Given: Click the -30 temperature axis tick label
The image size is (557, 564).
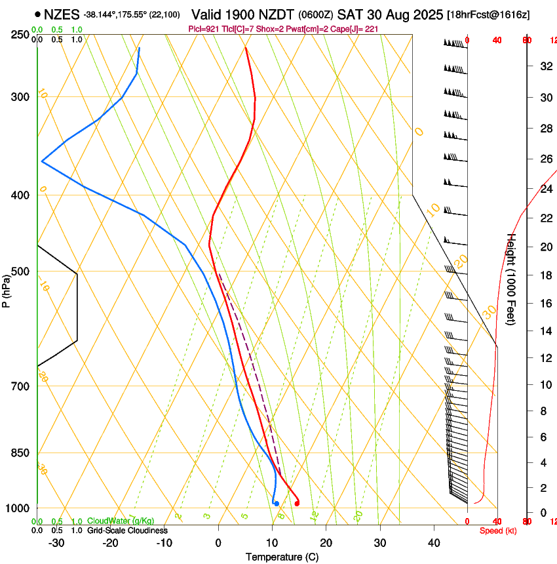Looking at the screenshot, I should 56,543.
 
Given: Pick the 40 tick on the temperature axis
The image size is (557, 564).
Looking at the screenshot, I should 434,543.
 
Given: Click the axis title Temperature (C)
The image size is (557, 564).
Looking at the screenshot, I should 282,557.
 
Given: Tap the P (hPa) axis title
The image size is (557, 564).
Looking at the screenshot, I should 6,289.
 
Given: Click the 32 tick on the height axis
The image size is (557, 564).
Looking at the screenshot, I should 545,66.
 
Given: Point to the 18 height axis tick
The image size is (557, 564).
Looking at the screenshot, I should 545,275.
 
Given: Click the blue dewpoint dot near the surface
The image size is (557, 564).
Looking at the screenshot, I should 277,503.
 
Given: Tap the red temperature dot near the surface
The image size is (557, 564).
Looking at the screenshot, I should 297,503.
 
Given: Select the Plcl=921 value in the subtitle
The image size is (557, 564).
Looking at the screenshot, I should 203,29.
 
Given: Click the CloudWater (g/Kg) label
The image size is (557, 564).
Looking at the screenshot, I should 121,521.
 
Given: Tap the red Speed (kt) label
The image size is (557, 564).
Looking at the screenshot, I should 498,531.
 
